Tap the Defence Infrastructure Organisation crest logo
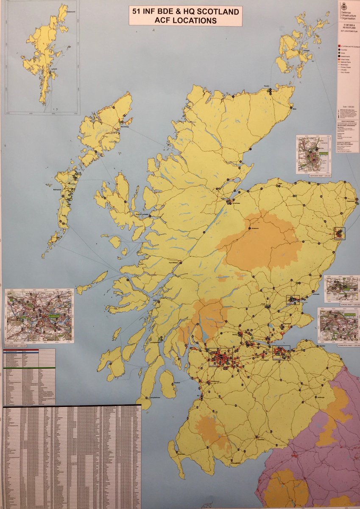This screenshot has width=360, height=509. [x=344, y=6]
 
